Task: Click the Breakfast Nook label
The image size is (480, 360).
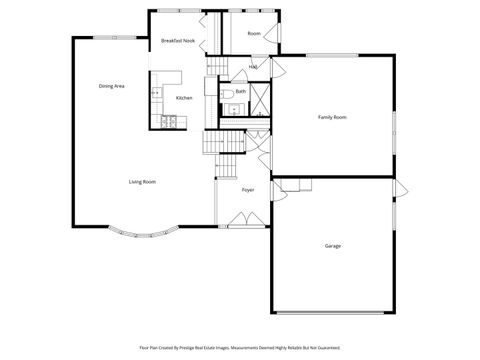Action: (177, 41)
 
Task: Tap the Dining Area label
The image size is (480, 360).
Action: (111, 87)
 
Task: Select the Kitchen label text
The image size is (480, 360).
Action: (184, 98)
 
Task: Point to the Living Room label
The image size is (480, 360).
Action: (141, 181)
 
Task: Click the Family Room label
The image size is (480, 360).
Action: (332, 118)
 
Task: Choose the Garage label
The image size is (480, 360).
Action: (332, 245)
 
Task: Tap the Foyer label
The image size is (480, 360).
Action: (247, 189)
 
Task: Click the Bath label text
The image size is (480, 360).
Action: (240, 91)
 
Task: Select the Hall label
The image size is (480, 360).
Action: (253, 67)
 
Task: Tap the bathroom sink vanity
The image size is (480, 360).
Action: (233, 111)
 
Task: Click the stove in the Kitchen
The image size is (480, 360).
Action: (169, 122)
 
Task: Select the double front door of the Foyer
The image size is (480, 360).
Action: (240, 219)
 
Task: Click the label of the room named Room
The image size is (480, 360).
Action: (254, 33)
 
